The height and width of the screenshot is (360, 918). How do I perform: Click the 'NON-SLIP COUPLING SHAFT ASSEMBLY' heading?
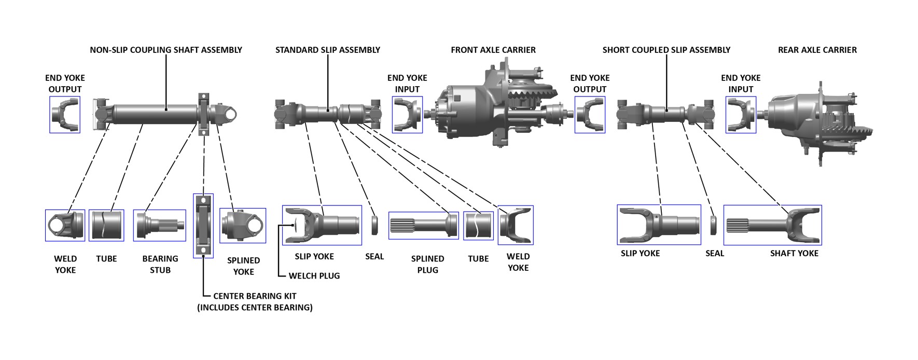(x=166, y=50)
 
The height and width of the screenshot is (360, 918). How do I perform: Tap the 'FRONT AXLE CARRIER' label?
(x=493, y=50)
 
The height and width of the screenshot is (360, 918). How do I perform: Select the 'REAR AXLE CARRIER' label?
(x=817, y=50)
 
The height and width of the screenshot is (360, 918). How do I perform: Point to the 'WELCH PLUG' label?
(x=314, y=276)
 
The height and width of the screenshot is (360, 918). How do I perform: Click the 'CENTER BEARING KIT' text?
(x=255, y=296)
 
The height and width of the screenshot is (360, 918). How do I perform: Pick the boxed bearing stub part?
(x=160, y=225)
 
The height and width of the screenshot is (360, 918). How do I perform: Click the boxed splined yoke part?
(x=243, y=226)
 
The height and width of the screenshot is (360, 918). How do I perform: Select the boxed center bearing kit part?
(x=203, y=226)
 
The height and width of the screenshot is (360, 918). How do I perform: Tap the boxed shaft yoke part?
(x=772, y=225)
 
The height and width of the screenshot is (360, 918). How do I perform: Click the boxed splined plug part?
(x=423, y=226)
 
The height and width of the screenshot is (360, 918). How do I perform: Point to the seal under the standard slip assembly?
(x=374, y=225)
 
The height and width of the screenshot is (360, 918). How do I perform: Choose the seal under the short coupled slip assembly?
(x=714, y=225)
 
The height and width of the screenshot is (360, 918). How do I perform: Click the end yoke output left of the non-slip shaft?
(x=65, y=115)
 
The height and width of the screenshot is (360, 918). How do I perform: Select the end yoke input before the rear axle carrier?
(x=740, y=115)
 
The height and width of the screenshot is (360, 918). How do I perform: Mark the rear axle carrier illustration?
(x=814, y=122)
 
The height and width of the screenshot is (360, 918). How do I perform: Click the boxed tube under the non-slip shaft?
(x=106, y=225)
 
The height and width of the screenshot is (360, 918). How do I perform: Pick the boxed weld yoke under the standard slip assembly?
(x=516, y=225)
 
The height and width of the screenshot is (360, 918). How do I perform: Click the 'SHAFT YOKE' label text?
(x=794, y=254)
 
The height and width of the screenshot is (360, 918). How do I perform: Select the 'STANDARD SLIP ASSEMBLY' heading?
(x=328, y=50)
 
